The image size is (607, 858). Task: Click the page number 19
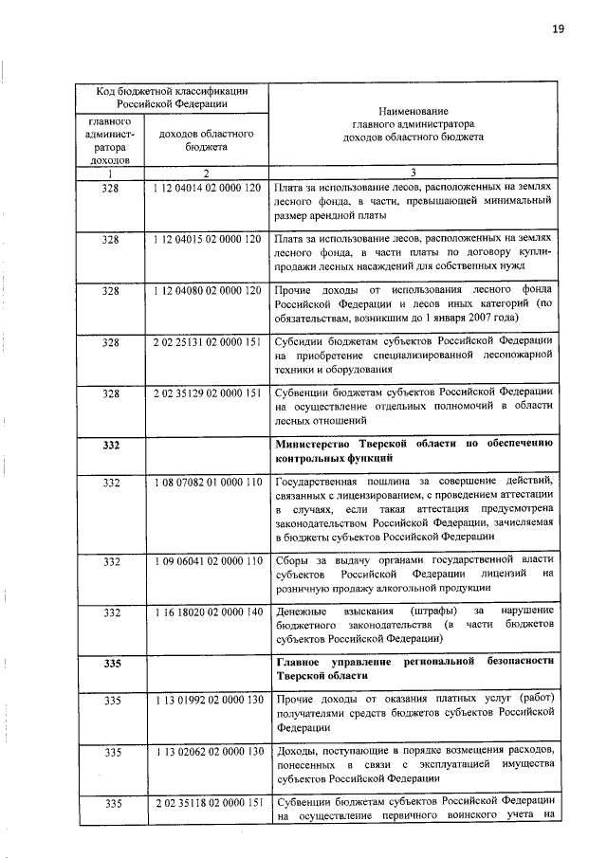click(558, 28)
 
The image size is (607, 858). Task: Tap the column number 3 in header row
click(413, 173)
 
